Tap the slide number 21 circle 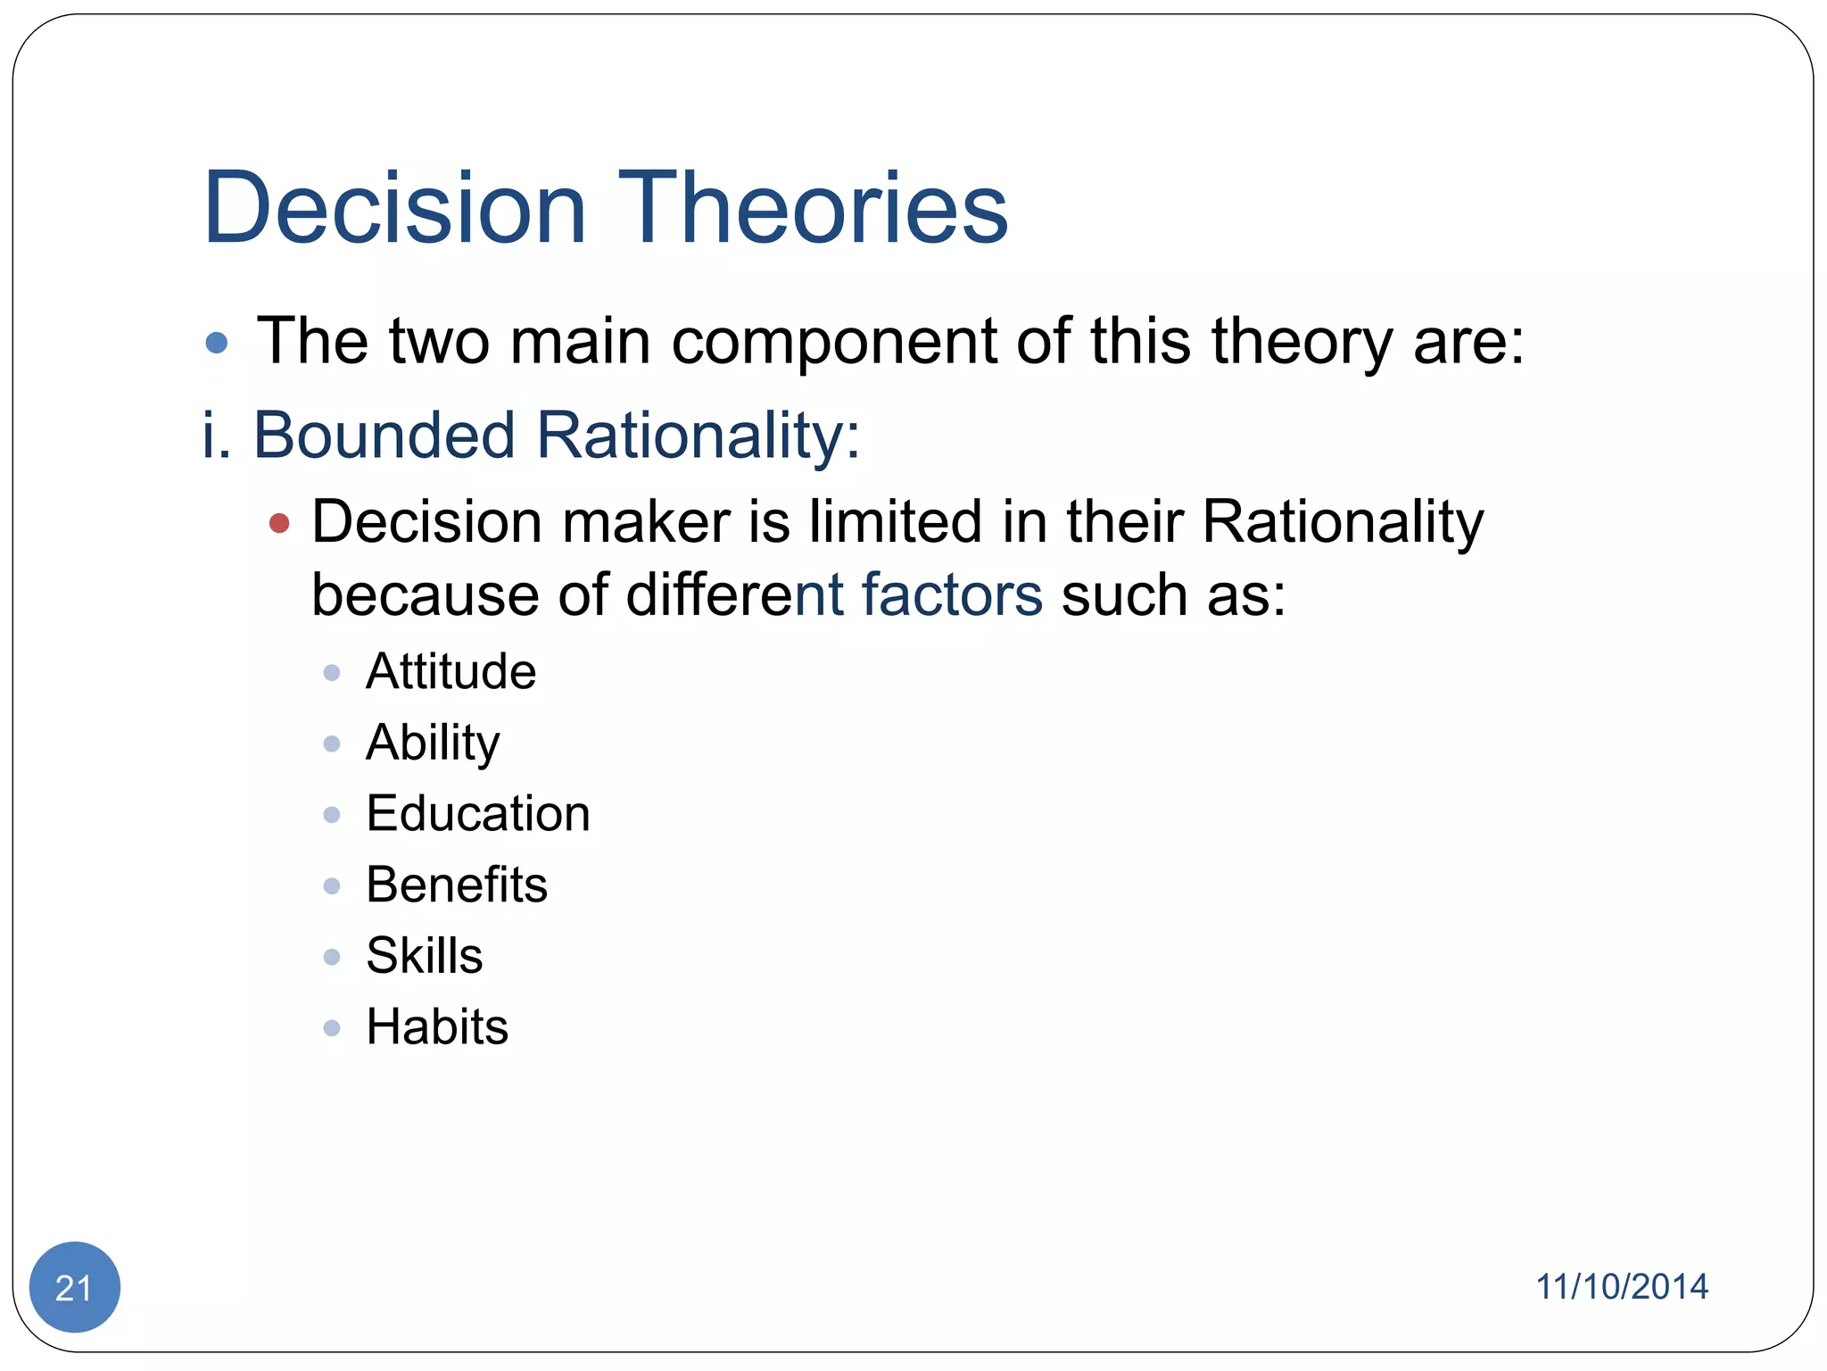74,1287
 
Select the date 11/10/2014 1621,1287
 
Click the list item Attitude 451,671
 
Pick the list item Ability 433,743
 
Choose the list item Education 478,813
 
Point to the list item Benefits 457,885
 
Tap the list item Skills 425,956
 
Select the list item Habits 437,1026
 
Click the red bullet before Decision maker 279,523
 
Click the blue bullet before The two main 216,343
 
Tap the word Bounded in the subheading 384,436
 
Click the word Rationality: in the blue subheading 698,436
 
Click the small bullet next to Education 332,815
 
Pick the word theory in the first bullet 1301,343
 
